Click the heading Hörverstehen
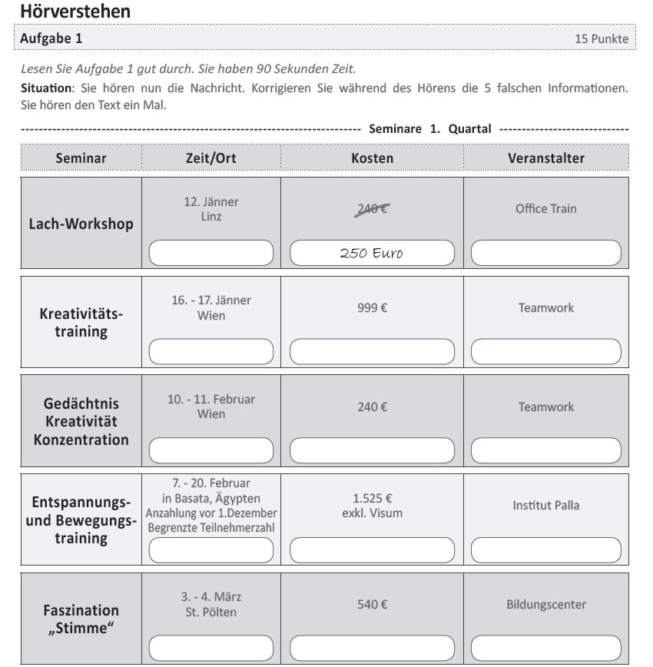(75, 12)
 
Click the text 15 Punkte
(602, 38)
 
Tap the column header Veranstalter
(545, 158)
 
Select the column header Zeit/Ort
(211, 158)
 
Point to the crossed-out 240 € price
(372, 208)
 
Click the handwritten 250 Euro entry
(372, 253)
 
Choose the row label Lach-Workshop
(81, 224)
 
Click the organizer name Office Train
(545, 208)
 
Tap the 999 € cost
(372, 307)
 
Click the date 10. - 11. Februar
(211, 400)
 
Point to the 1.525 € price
(372, 498)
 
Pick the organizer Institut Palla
(545, 506)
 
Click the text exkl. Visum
(372, 513)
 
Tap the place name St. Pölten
(211, 612)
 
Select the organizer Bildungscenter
(545, 605)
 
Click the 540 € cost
(372, 605)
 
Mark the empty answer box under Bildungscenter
(545, 648)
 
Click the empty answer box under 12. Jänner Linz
(211, 252)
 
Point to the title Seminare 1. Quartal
(429, 128)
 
